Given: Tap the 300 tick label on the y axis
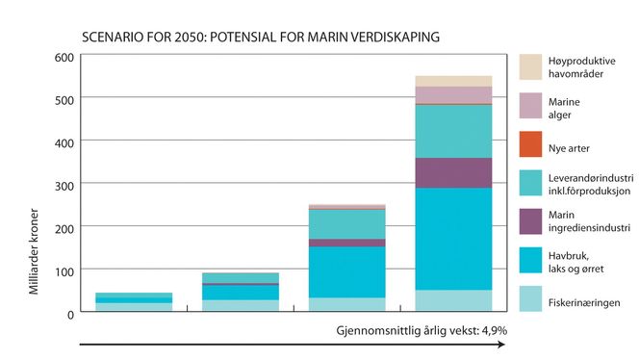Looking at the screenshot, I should click(63, 184).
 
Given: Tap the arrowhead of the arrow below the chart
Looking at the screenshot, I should click(502, 344).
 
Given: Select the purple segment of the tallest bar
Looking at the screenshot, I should click(452, 172).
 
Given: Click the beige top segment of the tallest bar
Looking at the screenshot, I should click(452, 81).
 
